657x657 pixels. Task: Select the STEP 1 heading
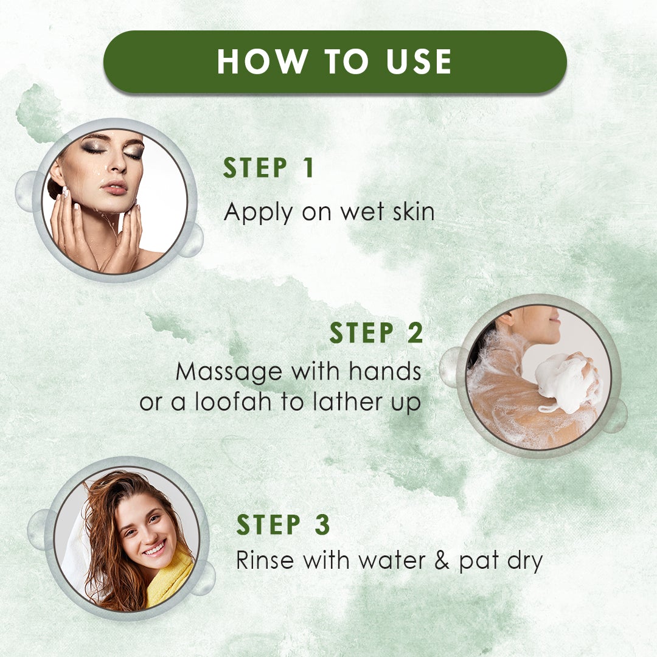(268, 169)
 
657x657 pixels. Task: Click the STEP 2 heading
(376, 333)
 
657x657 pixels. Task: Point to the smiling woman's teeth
(153, 549)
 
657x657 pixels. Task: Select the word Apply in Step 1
(259, 213)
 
